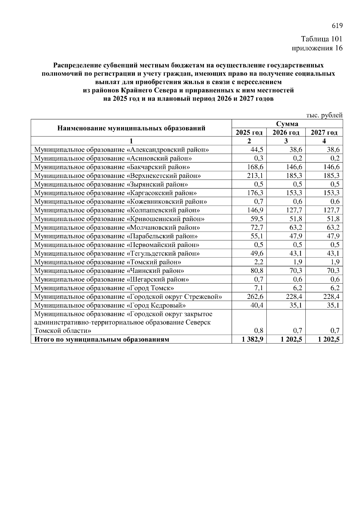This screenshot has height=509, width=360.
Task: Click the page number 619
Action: [337, 26]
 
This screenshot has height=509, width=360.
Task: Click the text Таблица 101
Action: [322, 39]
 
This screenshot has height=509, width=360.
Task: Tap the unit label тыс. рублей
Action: [324, 115]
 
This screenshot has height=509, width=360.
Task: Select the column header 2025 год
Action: [249, 132]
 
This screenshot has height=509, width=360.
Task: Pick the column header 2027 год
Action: [324, 132]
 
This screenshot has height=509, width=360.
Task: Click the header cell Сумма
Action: [287, 124]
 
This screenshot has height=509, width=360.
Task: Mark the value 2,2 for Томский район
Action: [258, 262]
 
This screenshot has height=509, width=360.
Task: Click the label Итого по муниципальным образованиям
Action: [102, 340]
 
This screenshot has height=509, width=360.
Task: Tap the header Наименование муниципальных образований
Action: [131, 129]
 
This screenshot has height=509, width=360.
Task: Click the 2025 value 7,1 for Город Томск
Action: [258, 288]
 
